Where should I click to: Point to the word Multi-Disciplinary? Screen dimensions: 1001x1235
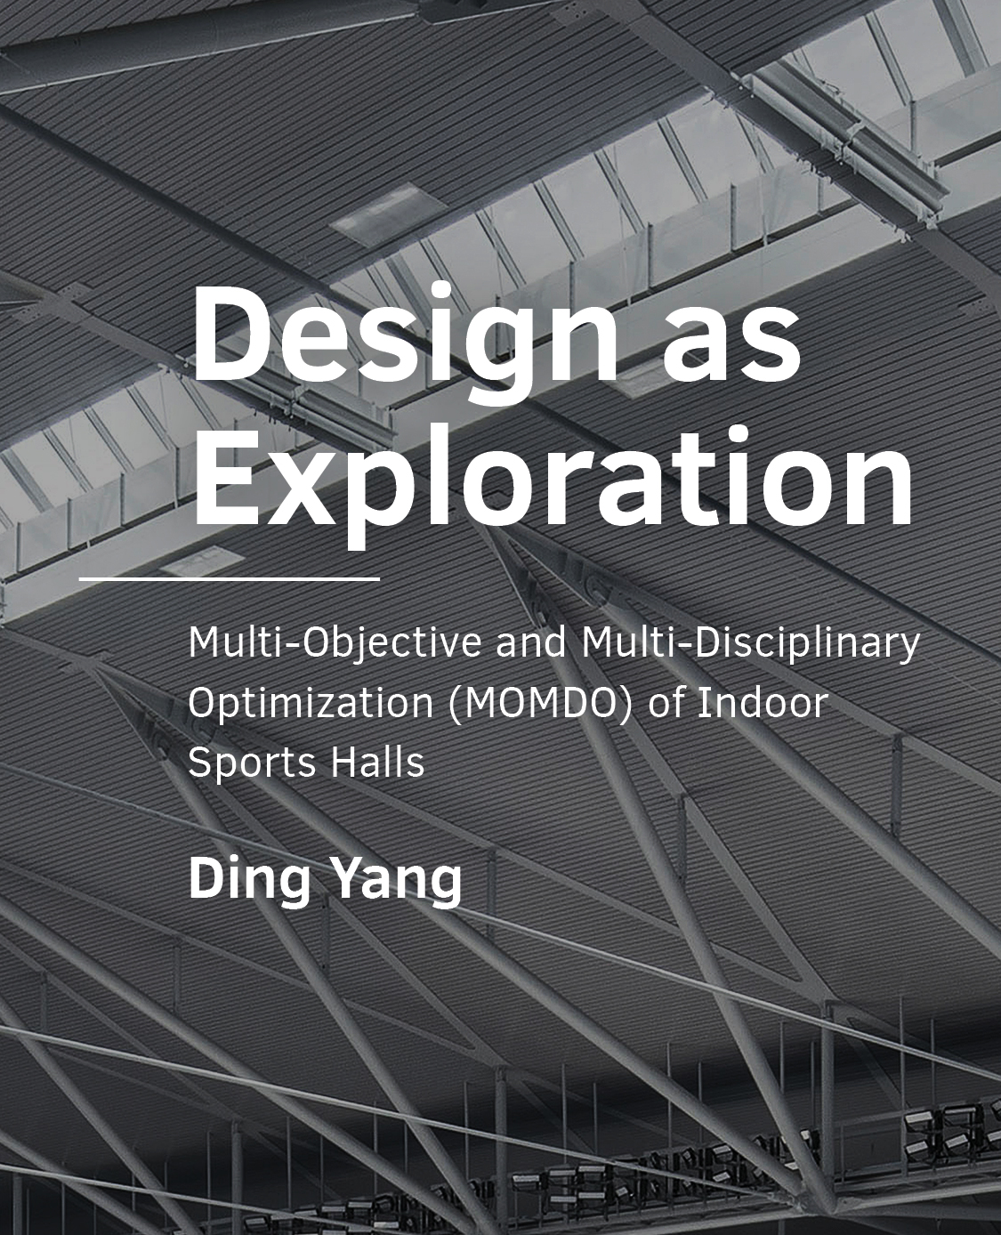click(x=751, y=643)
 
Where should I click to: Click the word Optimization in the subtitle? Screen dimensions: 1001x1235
click(x=311, y=703)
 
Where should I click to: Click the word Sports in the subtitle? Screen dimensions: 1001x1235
click(x=252, y=763)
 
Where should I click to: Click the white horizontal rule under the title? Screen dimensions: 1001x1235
click(x=229, y=578)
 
